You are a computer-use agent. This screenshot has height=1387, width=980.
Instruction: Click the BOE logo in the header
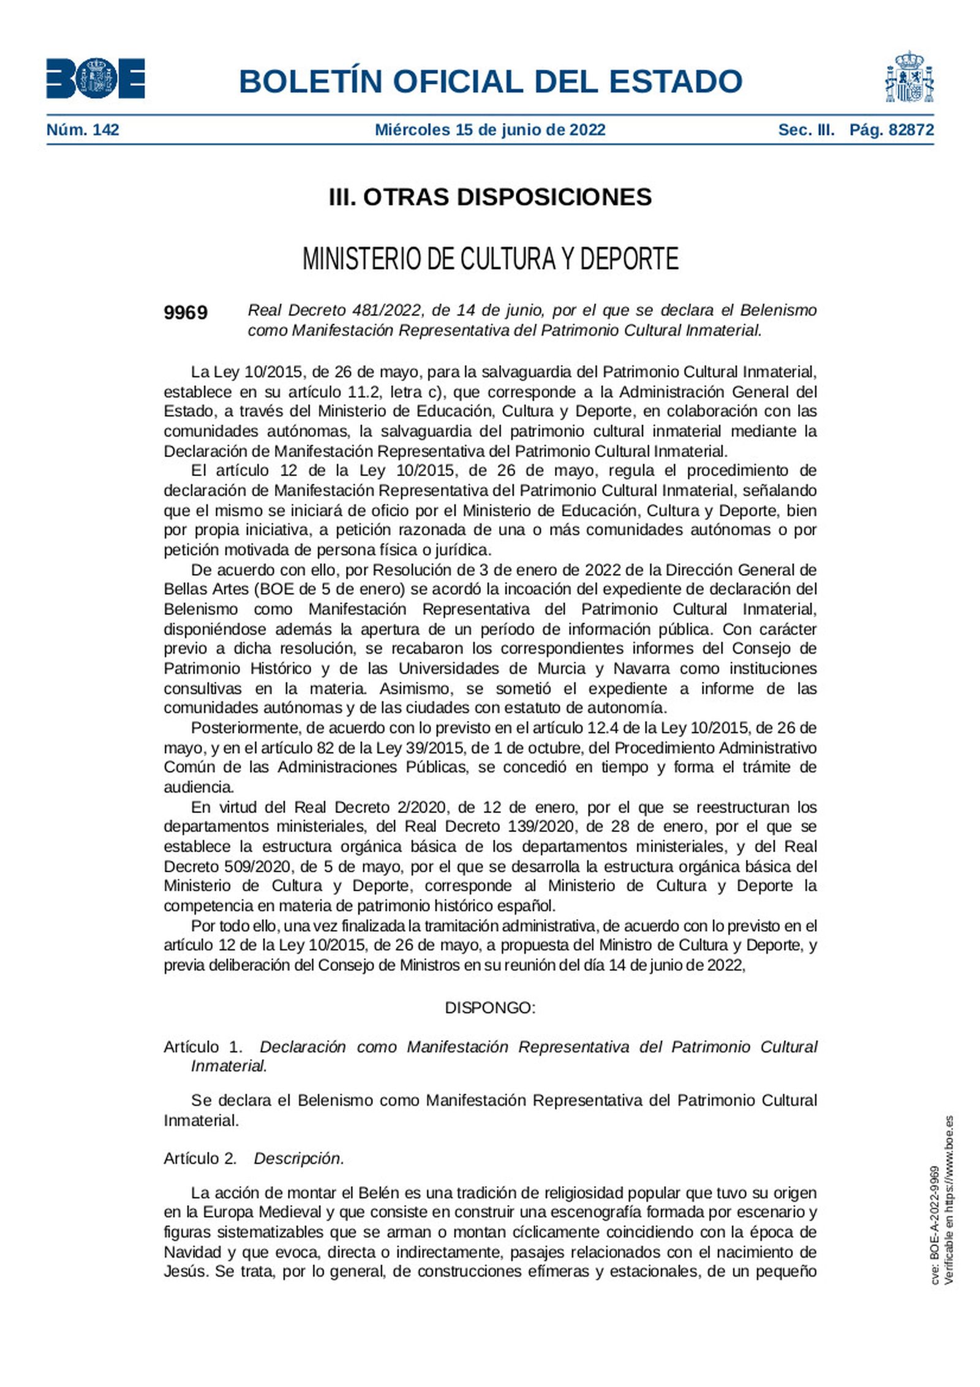pyautogui.click(x=96, y=78)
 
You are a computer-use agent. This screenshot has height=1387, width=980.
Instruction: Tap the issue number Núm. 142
pyautogui.click(x=83, y=130)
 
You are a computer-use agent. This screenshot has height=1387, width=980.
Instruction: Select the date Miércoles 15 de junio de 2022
pyautogui.click(x=489, y=130)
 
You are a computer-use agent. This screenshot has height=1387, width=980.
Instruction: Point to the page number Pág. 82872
pyautogui.click(x=891, y=130)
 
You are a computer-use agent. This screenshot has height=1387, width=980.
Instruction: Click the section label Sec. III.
pyautogui.click(x=806, y=130)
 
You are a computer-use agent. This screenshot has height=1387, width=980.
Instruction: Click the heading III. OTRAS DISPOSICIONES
pyautogui.click(x=490, y=197)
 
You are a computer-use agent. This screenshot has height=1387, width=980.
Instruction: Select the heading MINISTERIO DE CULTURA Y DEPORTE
pyautogui.click(x=490, y=259)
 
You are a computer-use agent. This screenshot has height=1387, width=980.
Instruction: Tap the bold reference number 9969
pyautogui.click(x=186, y=313)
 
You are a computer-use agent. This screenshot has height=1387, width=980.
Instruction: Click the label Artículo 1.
pyautogui.click(x=203, y=1046)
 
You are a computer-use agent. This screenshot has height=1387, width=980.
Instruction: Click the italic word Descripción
pyautogui.click(x=299, y=1158)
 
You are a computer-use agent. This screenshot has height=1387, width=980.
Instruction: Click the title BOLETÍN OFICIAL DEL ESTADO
pyautogui.click(x=490, y=81)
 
